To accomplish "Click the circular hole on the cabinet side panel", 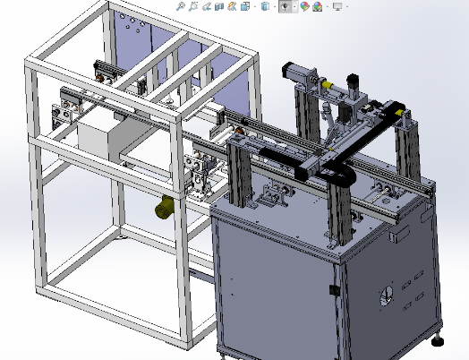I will click(x=388, y=296).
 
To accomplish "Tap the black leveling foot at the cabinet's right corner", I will click(x=438, y=339).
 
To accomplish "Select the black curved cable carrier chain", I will click(x=338, y=176).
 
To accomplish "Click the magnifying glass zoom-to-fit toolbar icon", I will click(x=181, y=6).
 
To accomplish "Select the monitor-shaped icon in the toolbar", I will click(x=337, y=6).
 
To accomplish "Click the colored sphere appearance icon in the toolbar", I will click(x=305, y=6).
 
